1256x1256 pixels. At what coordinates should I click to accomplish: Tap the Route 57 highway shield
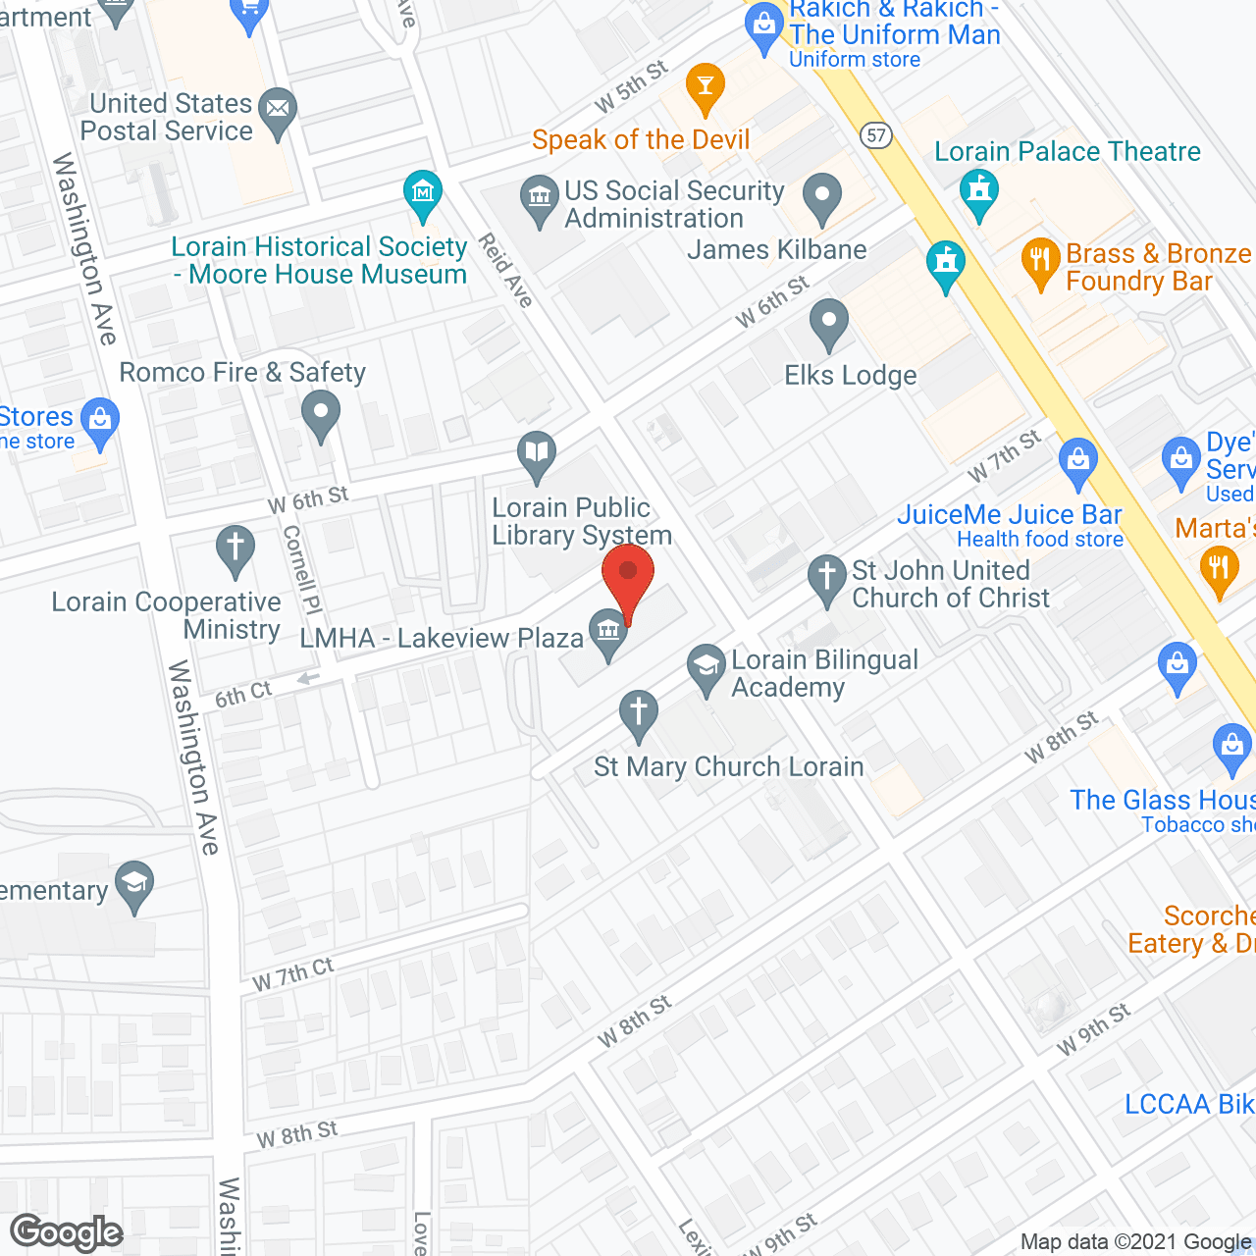(x=877, y=134)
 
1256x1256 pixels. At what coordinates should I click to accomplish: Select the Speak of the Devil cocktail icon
(x=705, y=84)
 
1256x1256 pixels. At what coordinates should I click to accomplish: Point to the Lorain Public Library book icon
(x=537, y=453)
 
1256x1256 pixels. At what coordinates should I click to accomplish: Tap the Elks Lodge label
(x=850, y=375)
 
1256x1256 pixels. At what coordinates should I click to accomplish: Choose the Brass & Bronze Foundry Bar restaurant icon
(x=1040, y=261)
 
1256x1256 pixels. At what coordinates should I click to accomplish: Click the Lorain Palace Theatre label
(x=1067, y=151)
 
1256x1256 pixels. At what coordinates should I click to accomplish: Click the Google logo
(x=67, y=1232)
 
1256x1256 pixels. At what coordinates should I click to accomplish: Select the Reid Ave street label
(x=506, y=270)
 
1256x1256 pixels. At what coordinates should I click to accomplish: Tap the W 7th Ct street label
(x=292, y=973)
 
